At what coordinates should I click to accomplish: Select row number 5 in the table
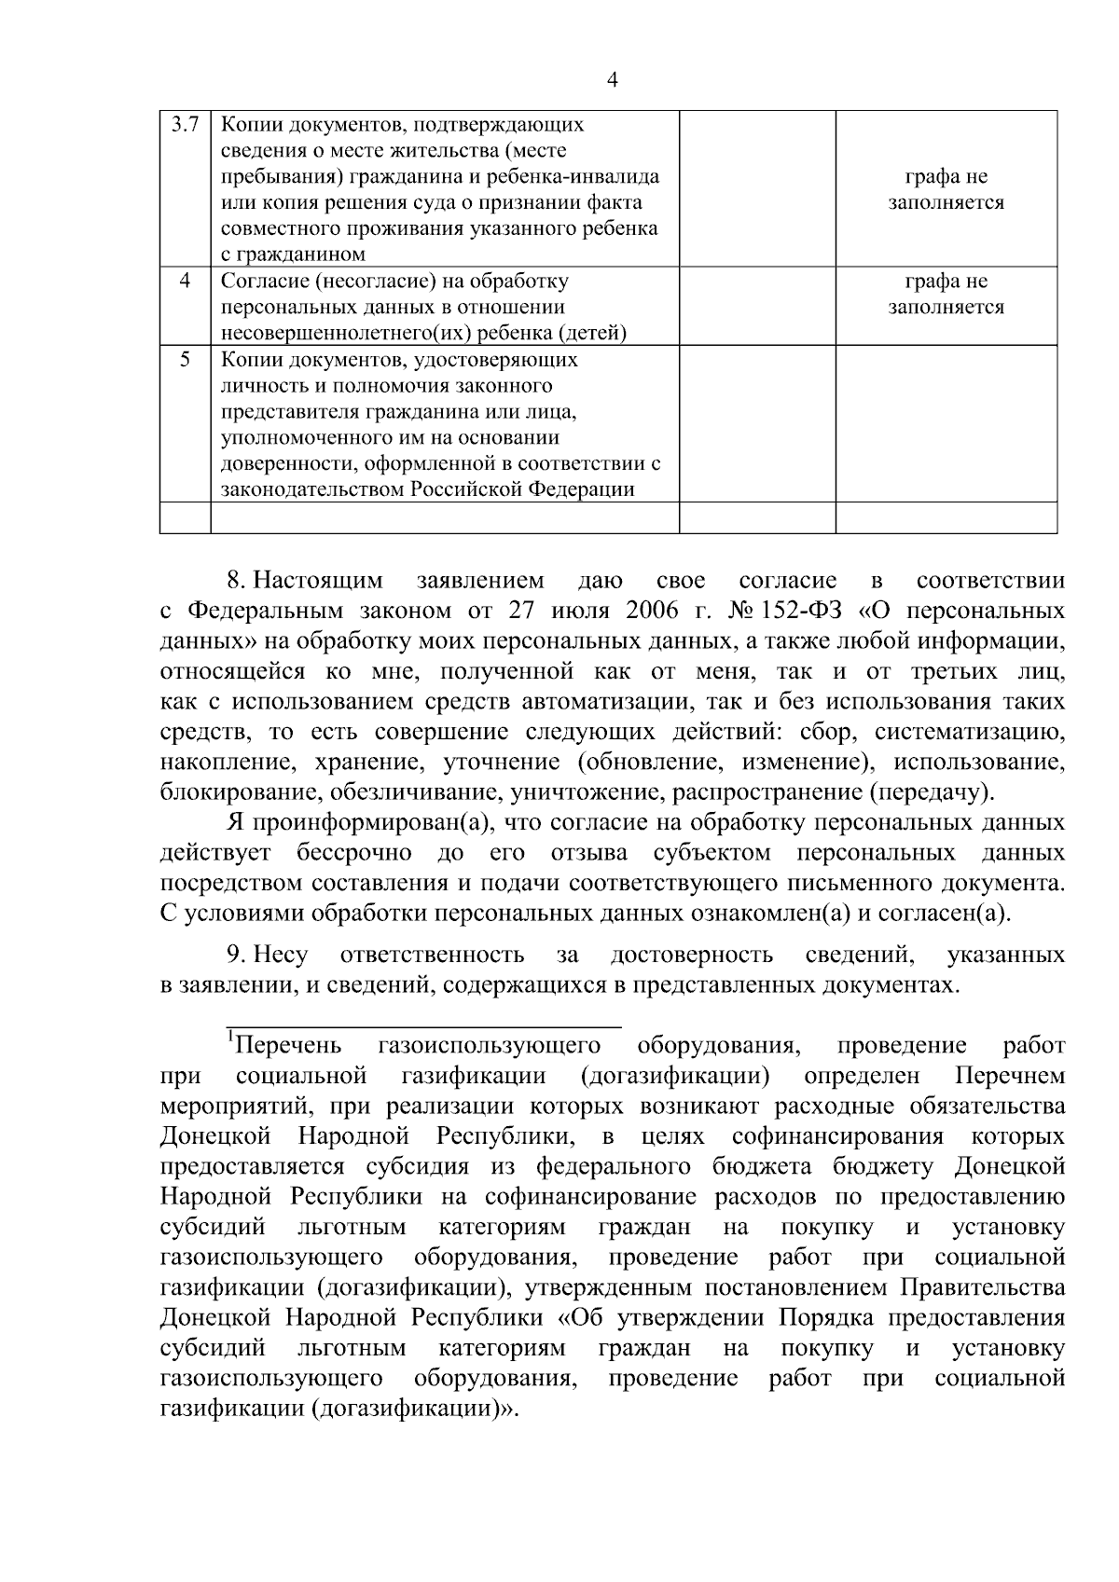[x=185, y=360]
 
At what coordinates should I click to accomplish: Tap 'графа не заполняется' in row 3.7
[x=946, y=189]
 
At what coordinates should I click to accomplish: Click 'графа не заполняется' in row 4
[x=946, y=294]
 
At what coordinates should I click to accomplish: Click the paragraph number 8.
[x=235, y=582]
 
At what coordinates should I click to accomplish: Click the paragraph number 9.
[x=235, y=955]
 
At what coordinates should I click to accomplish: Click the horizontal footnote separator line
[x=422, y=1025]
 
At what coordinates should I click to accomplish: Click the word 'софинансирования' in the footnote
[x=836, y=1136]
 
